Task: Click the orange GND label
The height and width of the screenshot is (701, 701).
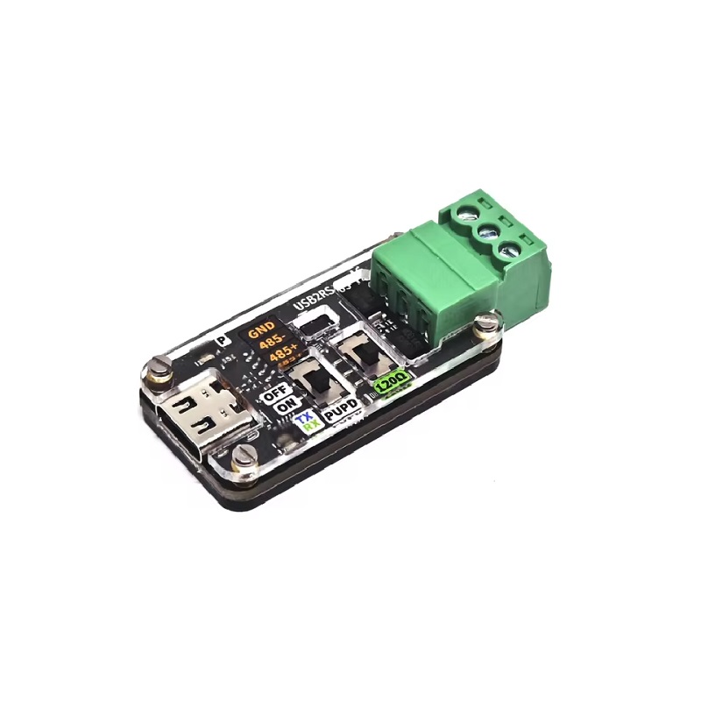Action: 262,332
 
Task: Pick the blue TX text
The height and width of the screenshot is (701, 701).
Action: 306,419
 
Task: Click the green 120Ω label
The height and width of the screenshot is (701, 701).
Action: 387,383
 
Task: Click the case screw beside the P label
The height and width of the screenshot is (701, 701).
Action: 157,370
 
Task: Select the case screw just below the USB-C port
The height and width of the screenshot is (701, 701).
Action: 244,455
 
